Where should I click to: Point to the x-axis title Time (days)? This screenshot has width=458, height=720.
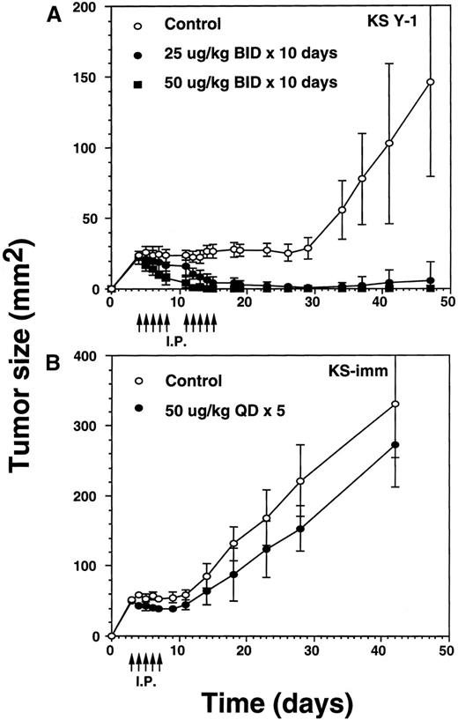(278, 701)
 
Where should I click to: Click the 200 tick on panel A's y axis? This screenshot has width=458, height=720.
(89, 8)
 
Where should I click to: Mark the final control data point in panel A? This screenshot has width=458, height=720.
(430, 82)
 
